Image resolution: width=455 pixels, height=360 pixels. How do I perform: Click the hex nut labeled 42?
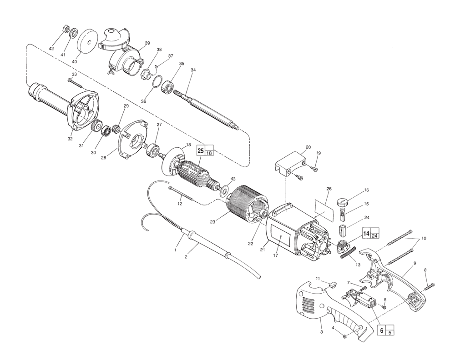pos(66,29)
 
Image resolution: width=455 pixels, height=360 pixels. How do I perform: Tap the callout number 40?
pos(74,62)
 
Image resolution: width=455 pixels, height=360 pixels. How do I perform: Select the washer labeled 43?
pos(224,191)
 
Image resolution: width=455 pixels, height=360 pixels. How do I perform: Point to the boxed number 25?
pos(201,151)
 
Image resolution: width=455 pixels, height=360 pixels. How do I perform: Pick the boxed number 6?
pos(382,330)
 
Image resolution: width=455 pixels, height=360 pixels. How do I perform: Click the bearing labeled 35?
pos(167,86)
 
